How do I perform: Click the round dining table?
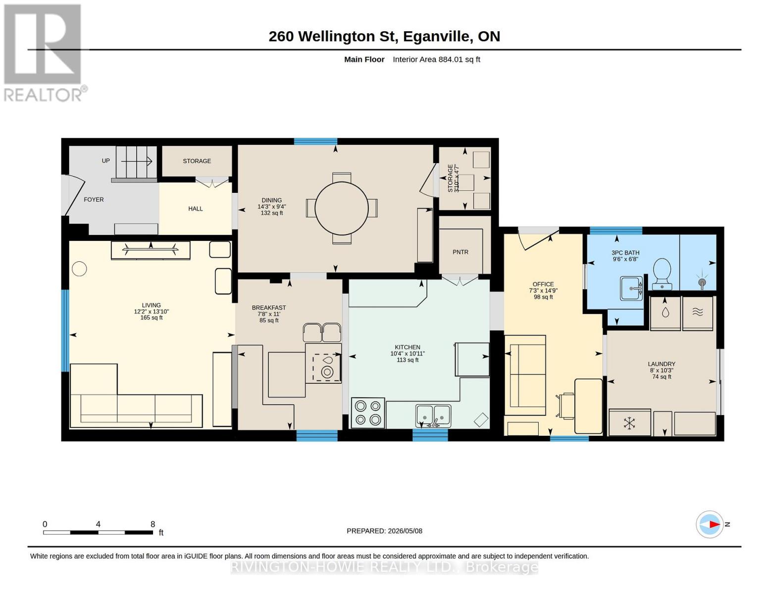(342, 208)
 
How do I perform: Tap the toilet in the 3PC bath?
(662, 273)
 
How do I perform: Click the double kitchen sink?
(433, 416)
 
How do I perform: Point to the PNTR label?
(460, 252)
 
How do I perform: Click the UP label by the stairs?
(105, 161)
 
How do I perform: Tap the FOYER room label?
(94, 199)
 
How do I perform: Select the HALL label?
(196, 209)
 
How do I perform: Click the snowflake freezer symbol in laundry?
(629, 423)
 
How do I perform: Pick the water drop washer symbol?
(666, 312)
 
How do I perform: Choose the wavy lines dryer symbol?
(698, 312)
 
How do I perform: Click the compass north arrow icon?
(709, 525)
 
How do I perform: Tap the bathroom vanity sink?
(631, 288)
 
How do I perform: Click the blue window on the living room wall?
(65, 331)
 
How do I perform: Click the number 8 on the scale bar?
(153, 524)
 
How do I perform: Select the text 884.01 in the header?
(451, 59)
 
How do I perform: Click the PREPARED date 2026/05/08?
(405, 531)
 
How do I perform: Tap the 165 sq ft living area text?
(152, 317)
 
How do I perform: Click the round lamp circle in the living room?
(79, 269)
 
